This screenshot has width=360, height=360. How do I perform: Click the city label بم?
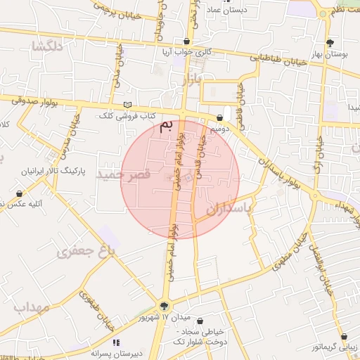[x=166, y=127]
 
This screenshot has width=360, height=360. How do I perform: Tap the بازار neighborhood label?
[x=191, y=79]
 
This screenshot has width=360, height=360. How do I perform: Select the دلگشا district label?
[x=48, y=46]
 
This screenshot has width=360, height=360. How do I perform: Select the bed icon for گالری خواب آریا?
[x=186, y=41]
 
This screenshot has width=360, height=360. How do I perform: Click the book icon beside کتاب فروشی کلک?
[x=127, y=105]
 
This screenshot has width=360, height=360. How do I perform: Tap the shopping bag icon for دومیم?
[x=221, y=117]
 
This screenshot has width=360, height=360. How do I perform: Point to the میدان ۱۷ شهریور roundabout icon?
[x=164, y=306]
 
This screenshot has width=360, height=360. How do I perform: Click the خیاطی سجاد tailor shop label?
[x=203, y=331]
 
